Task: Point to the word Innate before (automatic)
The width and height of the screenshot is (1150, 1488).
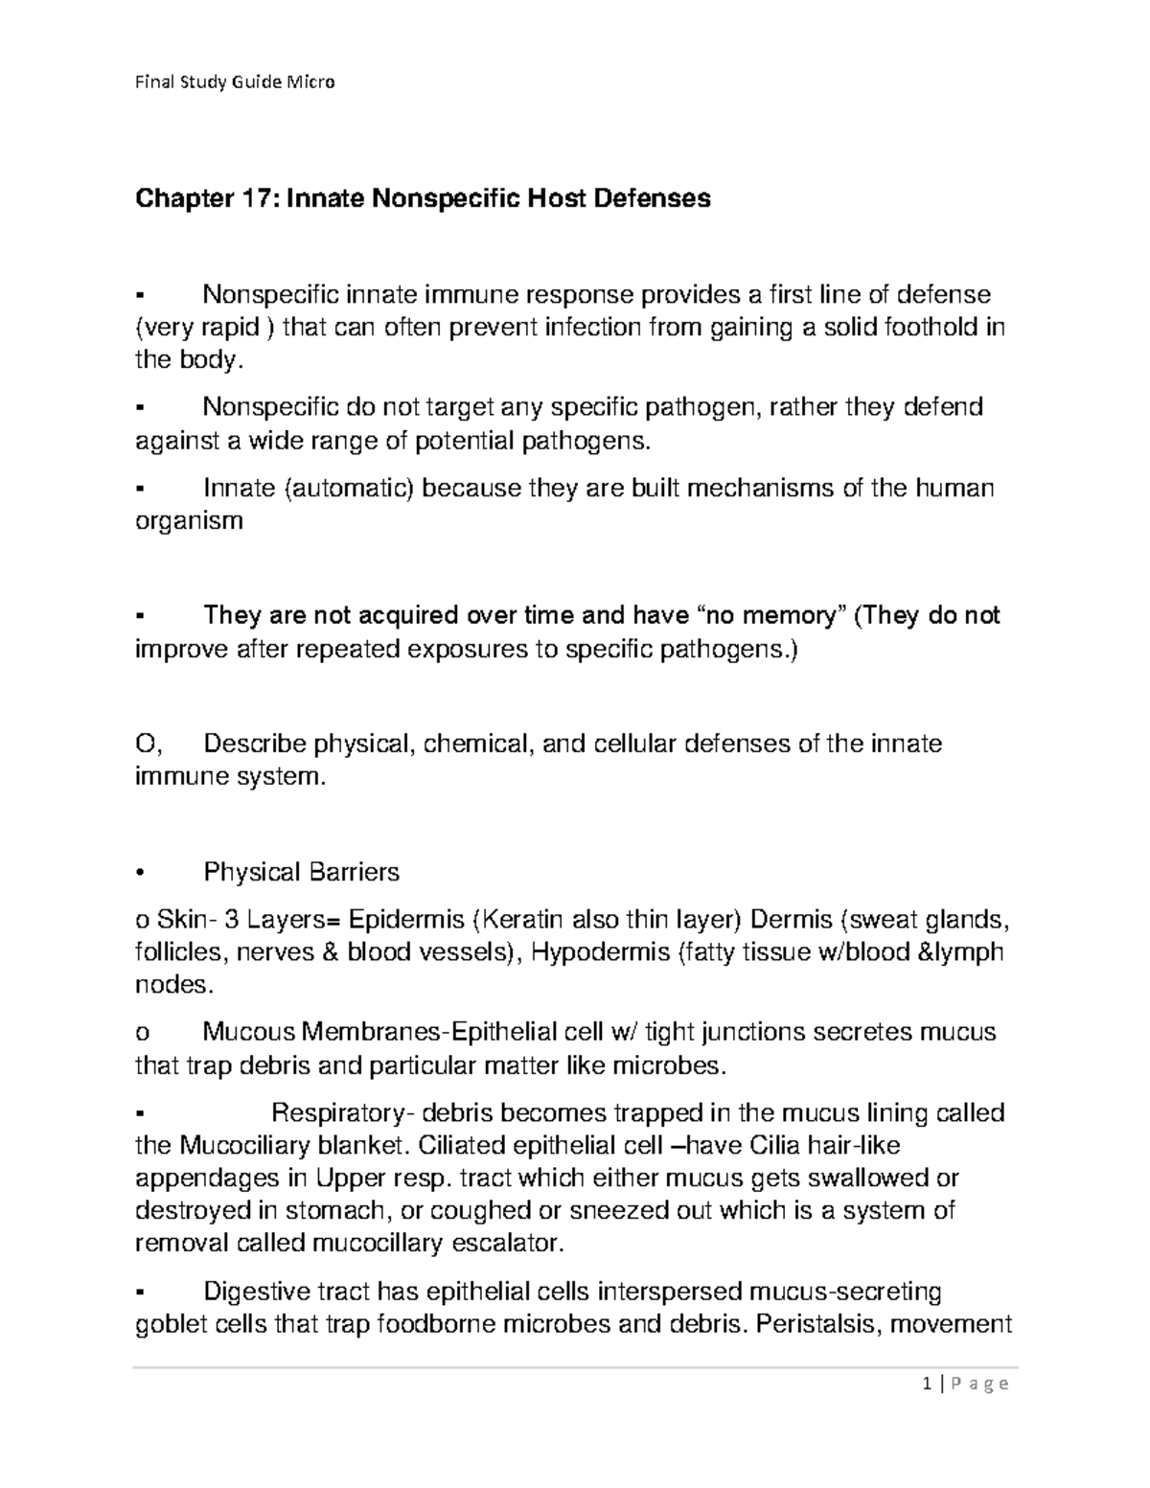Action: [x=240, y=488]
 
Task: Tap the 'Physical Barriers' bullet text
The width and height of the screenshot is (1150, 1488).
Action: [x=301, y=872]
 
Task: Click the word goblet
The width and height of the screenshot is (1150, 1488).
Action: [x=168, y=1325]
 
